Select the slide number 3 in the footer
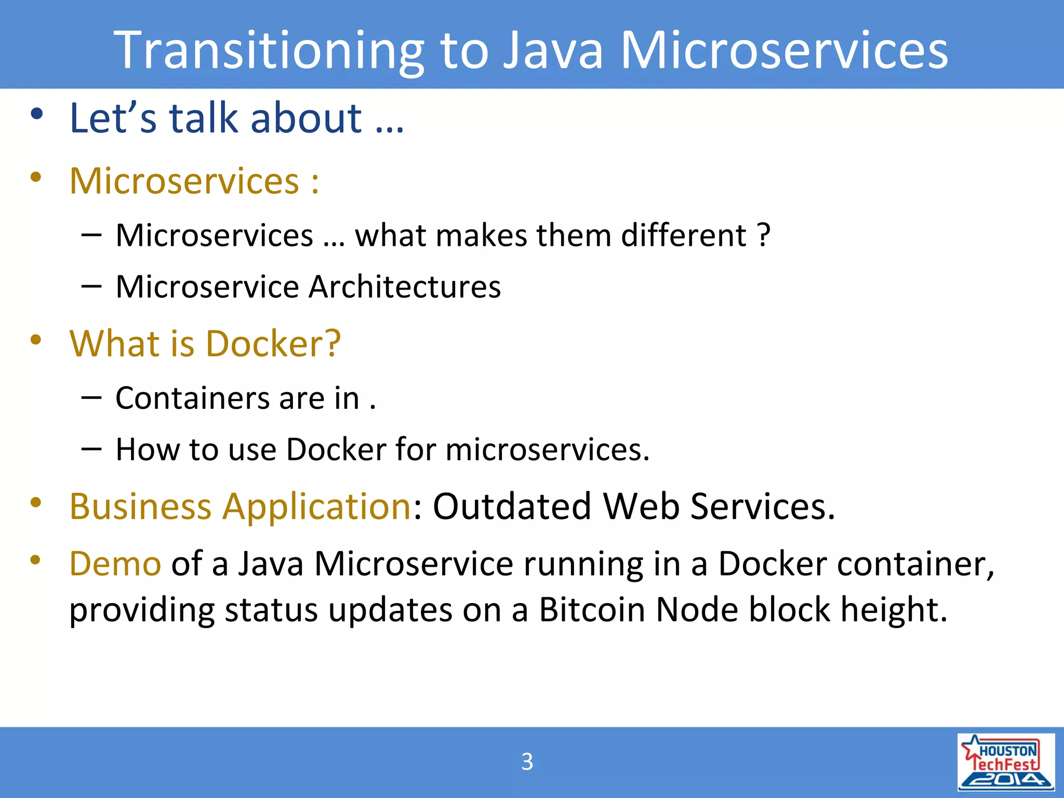[x=527, y=762]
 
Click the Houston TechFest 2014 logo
[x=1006, y=762]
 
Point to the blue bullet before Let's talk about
[x=36, y=114]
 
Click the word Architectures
[x=405, y=287]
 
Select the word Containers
[x=192, y=398]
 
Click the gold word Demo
[x=115, y=564]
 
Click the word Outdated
[x=512, y=506]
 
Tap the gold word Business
[x=140, y=506]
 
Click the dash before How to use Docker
[x=91, y=448]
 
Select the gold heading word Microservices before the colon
[x=184, y=181]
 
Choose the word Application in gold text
[x=317, y=507]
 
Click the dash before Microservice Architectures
[x=91, y=286]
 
